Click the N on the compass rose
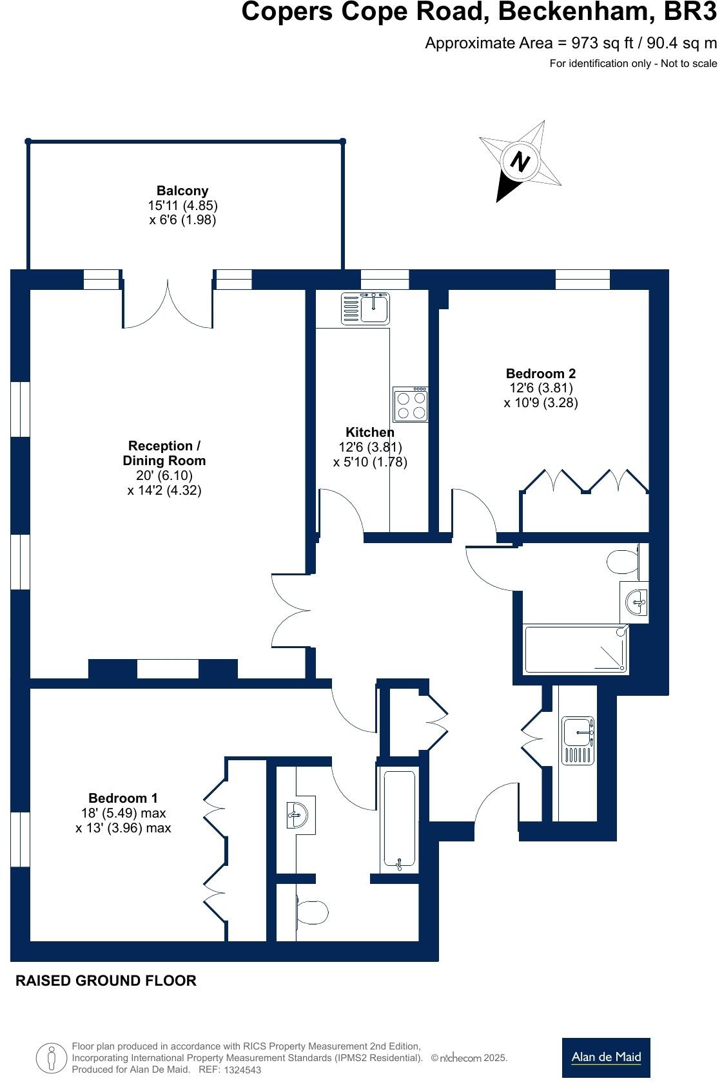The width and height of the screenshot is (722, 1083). coord(520,161)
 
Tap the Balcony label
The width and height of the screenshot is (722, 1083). coord(182,191)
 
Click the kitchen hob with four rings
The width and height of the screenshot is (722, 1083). coord(411,405)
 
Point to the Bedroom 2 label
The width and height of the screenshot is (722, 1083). coord(540,374)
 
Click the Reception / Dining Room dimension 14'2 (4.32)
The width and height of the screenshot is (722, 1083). coord(164,490)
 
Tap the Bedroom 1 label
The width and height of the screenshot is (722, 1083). coord(122,798)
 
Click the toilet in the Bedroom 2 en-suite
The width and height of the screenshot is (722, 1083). coord(623,561)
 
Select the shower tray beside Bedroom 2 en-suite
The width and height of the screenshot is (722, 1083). coord(576,649)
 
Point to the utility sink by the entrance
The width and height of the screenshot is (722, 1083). coord(578,740)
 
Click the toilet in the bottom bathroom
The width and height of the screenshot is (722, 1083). coord(313,912)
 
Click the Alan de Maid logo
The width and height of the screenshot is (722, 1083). coord(605,1057)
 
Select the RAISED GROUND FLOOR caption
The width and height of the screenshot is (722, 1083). coord(106,981)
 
